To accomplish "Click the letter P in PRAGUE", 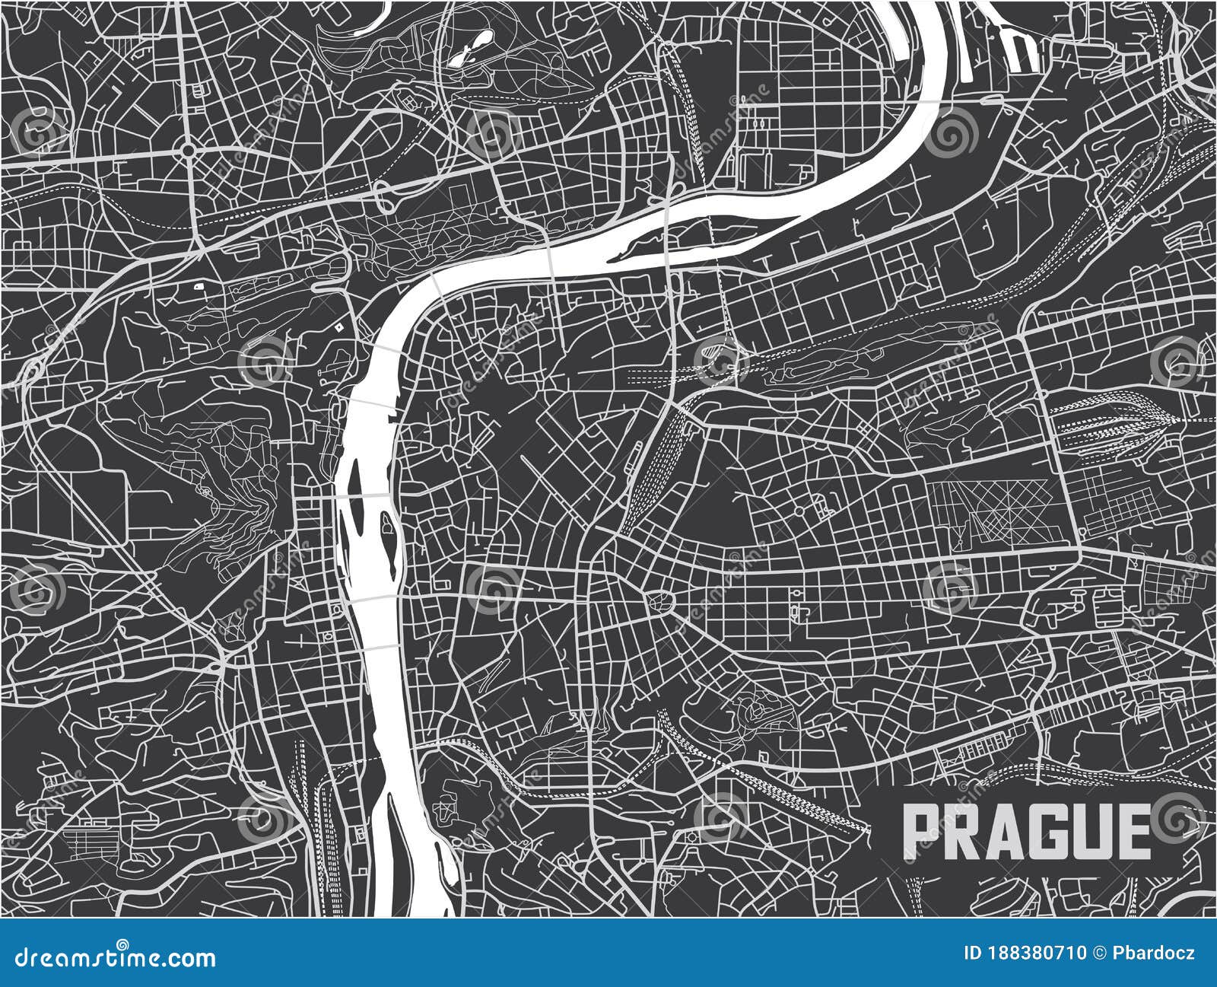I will tap(921, 833).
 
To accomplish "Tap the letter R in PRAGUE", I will tap(962, 833).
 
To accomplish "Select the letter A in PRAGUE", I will tap(1005, 833).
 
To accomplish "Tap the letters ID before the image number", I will tap(971, 953).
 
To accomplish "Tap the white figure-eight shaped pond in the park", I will tap(469, 47).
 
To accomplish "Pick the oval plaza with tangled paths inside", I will tap(661, 601).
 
